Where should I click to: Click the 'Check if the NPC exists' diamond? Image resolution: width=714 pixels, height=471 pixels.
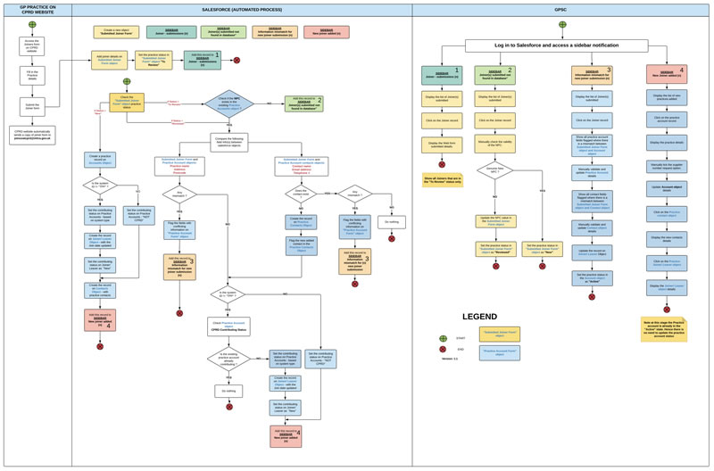click(229, 103)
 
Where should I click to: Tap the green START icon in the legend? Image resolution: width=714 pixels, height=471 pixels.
click(443, 339)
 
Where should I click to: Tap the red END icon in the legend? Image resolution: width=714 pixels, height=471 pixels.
click(443, 350)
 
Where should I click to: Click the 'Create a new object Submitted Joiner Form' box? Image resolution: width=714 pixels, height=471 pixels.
click(116, 32)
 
